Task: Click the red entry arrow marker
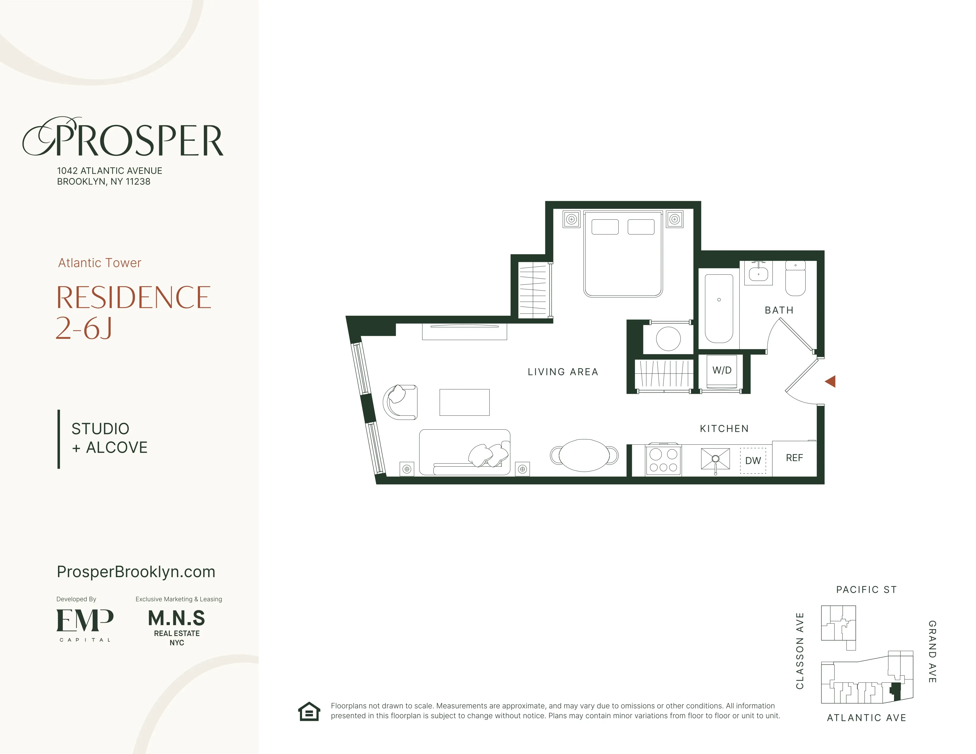click(x=830, y=381)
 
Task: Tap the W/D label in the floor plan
click(x=722, y=370)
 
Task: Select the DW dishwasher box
click(x=753, y=460)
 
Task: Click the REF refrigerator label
click(x=794, y=458)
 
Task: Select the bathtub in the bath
click(x=719, y=308)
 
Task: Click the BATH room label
click(x=779, y=310)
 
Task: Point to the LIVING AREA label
click(x=563, y=372)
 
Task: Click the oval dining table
click(x=584, y=455)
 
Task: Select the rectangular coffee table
click(x=464, y=402)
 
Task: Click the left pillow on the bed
click(x=605, y=227)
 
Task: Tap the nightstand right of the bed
click(x=675, y=219)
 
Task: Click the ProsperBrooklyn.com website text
click(x=136, y=572)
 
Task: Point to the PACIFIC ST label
click(x=866, y=590)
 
